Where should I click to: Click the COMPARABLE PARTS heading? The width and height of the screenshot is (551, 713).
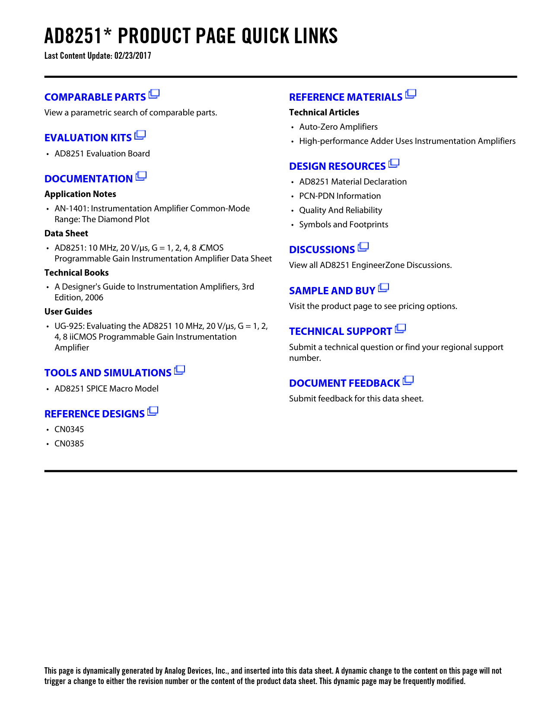pos(95,97)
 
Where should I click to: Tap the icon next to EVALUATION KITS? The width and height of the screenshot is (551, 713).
pos(140,135)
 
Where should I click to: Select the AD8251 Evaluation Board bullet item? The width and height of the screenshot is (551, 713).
pos(102,154)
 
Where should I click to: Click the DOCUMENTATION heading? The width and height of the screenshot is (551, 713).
pos(89,179)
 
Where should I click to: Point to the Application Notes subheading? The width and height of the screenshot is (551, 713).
pos(80,194)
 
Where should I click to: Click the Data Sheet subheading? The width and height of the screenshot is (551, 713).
pos(66,233)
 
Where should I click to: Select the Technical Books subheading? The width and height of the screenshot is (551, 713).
pos(76,273)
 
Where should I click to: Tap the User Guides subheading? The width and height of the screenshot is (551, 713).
pos(68,312)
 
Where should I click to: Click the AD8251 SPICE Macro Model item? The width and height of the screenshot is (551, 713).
pos(106,388)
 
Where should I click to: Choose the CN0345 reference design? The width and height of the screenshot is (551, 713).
pos(69,430)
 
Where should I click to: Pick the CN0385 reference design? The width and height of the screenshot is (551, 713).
pos(69,444)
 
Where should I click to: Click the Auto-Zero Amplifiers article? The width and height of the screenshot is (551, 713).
pos(338,127)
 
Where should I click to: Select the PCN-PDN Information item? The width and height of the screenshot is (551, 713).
pos(340,196)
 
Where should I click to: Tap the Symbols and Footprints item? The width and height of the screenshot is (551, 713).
pos(344,225)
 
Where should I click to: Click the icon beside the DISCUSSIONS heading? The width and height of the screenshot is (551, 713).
pos(363,247)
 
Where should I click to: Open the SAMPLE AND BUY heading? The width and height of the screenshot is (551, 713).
pos(332,291)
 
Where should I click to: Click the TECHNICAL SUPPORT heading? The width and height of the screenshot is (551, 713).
pos(341,331)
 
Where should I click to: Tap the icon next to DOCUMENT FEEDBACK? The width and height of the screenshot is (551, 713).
pos(408,380)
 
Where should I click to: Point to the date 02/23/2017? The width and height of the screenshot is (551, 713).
pos(133,56)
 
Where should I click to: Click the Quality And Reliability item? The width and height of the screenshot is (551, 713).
pos(341,210)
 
